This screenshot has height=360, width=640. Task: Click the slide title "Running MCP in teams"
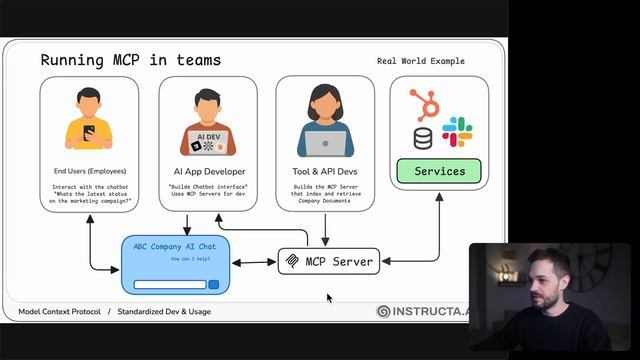[131, 60]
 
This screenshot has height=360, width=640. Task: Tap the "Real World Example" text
[420, 61]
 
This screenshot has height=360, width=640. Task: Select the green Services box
[439, 171]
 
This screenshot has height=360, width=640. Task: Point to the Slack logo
[457, 131]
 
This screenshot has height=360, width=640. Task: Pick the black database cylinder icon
[423, 138]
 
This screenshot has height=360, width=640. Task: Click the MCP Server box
[329, 262]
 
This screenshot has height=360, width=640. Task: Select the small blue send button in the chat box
[213, 285]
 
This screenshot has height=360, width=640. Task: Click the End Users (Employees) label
[89, 171]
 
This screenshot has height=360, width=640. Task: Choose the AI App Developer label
[207, 171]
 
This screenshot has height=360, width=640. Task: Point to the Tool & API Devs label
[325, 171]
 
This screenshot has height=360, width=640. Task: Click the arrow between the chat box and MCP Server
[254, 263]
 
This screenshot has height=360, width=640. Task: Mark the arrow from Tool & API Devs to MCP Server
[325, 229]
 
